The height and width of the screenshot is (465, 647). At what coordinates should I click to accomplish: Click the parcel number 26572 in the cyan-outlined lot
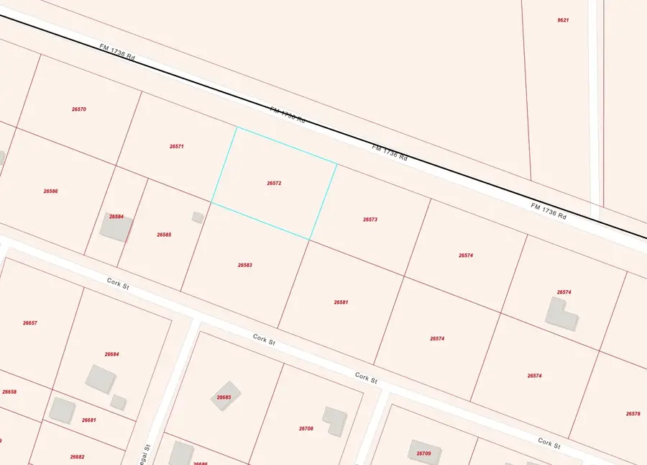tap(273, 184)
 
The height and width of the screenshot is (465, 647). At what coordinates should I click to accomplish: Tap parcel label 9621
tap(563, 20)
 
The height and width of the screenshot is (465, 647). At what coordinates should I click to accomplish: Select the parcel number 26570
tap(79, 109)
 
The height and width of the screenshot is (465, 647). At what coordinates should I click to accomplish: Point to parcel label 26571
tap(177, 146)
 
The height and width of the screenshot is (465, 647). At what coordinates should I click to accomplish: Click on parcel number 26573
tap(370, 220)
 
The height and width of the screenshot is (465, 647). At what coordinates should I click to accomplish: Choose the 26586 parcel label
tap(50, 191)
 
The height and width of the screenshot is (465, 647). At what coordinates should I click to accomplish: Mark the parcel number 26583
tap(245, 265)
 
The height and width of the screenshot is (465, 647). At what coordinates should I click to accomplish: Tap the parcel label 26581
tap(341, 302)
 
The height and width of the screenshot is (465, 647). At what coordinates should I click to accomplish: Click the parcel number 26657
tap(29, 323)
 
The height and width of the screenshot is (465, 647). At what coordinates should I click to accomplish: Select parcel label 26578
tap(633, 414)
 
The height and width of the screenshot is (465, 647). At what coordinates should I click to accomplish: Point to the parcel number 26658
tap(9, 392)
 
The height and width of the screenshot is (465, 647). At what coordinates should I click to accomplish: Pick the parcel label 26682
tap(77, 457)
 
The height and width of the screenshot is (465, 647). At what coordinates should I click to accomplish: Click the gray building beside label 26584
tap(116, 228)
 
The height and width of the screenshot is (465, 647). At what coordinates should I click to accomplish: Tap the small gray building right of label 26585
tap(197, 217)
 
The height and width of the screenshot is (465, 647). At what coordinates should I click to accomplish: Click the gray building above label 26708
tap(334, 420)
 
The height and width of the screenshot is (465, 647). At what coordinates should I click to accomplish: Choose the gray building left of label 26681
tap(63, 410)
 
